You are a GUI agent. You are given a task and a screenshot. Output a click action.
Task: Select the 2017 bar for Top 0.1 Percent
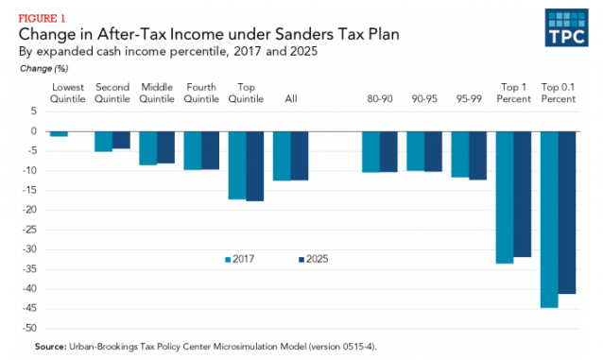[x=548, y=219]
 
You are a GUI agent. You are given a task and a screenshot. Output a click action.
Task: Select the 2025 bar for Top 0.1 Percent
[x=567, y=212]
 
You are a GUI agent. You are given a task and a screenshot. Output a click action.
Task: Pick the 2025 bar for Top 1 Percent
[x=523, y=194]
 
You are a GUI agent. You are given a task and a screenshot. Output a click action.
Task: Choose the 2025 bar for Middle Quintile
[x=165, y=146]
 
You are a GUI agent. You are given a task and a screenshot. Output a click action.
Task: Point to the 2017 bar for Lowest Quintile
[x=59, y=133]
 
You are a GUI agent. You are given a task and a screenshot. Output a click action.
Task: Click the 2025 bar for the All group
[x=300, y=155]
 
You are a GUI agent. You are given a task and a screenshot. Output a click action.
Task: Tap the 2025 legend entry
[x=312, y=258]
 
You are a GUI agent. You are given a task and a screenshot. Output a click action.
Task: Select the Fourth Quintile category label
[x=202, y=92]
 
